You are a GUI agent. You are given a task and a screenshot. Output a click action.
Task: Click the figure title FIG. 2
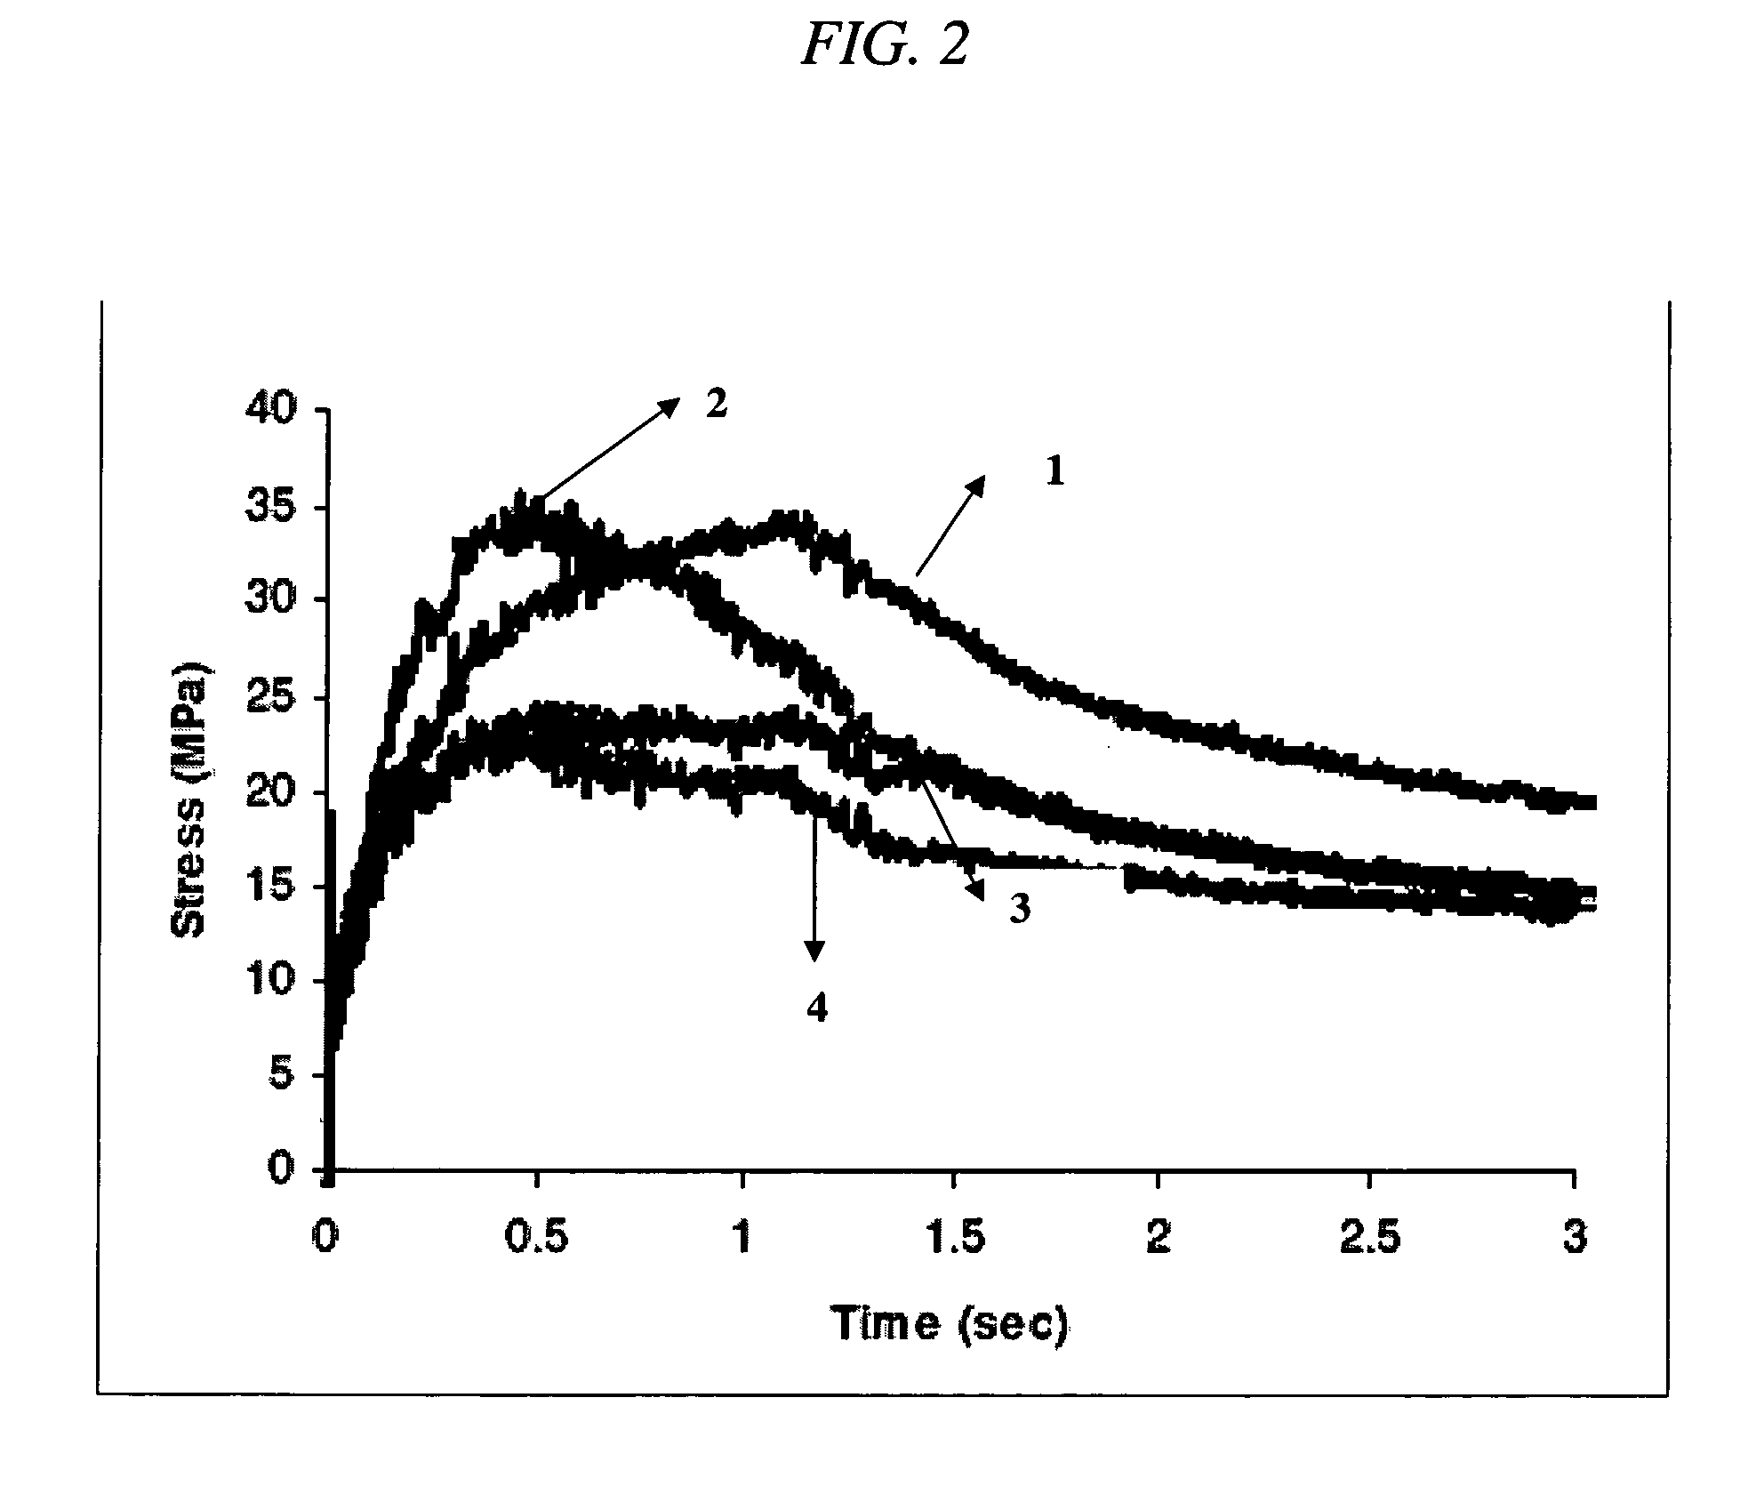885,45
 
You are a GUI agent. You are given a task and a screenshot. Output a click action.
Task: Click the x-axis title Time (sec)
950,1324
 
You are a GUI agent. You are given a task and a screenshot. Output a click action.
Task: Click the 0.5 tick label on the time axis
536,1239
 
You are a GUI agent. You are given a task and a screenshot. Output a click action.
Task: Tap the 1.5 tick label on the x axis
952,1239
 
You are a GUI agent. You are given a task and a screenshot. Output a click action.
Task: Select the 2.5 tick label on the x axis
1369,1239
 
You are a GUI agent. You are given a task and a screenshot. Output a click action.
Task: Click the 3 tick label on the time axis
1575,1239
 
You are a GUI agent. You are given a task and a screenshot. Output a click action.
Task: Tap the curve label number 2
716,405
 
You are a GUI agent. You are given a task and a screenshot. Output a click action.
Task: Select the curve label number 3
1019,909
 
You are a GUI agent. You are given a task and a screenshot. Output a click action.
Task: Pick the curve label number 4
816,1008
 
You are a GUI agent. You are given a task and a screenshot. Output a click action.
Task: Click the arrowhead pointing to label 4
814,952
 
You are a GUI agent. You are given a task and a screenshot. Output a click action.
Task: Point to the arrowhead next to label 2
670,406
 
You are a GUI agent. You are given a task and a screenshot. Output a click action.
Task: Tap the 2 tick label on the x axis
1158,1239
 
